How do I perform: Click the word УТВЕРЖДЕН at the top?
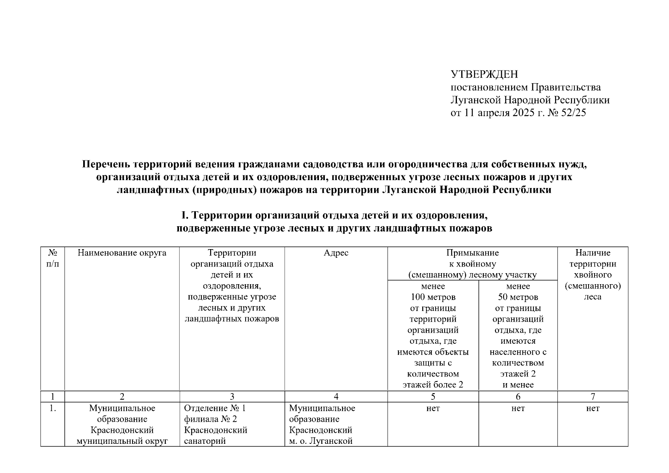(484, 74)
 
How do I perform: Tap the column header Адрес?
(336, 253)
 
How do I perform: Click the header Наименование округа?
(122, 253)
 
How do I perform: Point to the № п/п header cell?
(52, 258)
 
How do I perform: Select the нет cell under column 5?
(433, 409)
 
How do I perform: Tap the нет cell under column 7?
(593, 409)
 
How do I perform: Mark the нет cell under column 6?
(518, 409)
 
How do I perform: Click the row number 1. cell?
(52, 409)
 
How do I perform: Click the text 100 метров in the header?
(433, 297)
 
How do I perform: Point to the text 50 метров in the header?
(518, 297)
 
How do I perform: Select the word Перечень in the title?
(106, 164)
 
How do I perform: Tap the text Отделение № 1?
(215, 408)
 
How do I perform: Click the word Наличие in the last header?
(593, 253)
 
